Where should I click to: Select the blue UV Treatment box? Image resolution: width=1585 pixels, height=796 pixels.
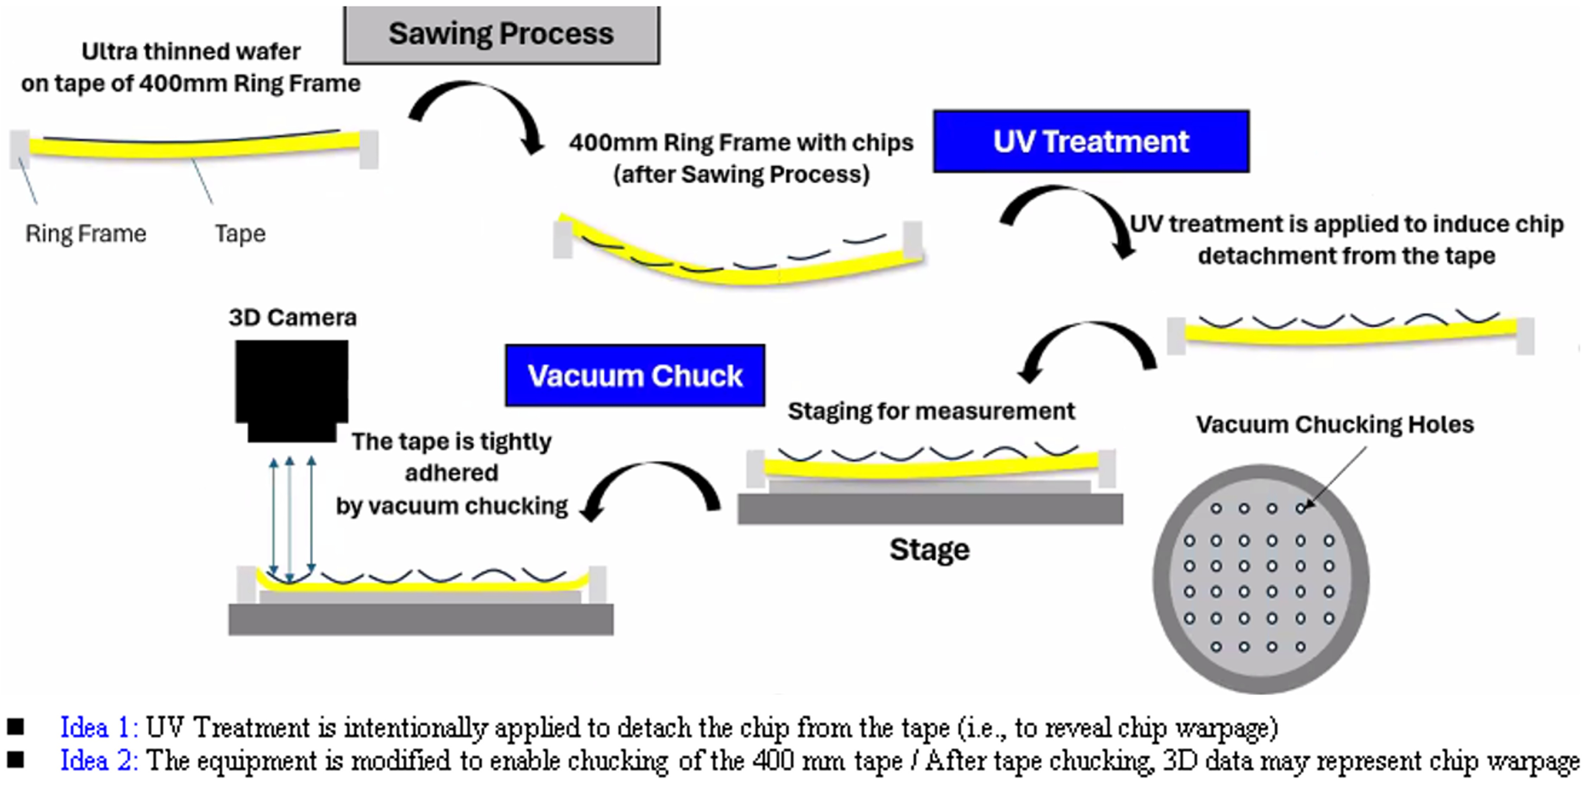pos(1091,141)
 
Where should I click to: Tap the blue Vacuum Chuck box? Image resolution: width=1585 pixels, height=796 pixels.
pos(635,375)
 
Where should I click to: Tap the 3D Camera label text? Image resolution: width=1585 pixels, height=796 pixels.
pos(292,318)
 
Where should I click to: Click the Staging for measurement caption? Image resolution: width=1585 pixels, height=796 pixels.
pos(931,411)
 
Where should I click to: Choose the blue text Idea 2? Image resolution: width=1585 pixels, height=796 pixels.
pos(99,761)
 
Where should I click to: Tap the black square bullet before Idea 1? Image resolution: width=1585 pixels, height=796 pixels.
pos(15,727)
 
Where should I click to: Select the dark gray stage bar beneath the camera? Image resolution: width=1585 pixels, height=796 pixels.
pos(421,619)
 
